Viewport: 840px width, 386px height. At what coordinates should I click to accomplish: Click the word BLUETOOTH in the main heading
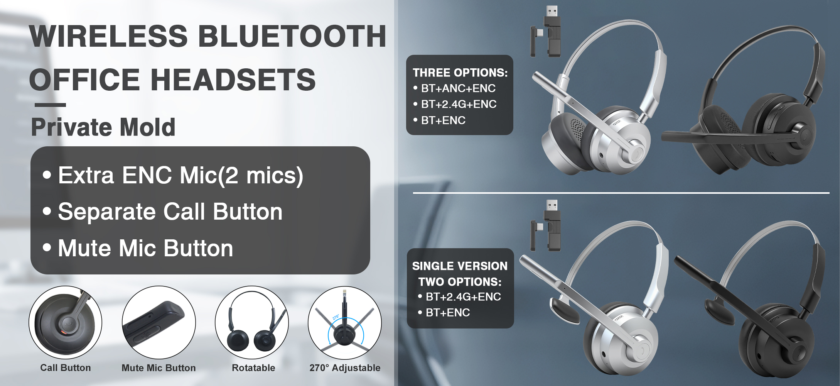[x=292, y=36]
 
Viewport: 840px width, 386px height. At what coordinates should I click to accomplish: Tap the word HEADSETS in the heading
[x=233, y=80]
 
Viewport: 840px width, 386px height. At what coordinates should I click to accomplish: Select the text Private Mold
[x=103, y=127]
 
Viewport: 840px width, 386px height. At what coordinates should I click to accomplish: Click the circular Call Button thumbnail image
[x=65, y=322]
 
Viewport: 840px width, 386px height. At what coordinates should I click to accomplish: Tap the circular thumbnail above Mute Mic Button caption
[x=159, y=322]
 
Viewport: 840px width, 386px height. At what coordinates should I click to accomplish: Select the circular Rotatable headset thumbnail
[x=252, y=322]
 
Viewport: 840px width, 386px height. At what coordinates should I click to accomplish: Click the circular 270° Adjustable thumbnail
[x=345, y=322]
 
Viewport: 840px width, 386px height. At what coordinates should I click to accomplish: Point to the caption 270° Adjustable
[x=345, y=368]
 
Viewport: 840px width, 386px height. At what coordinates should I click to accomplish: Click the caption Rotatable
[x=253, y=368]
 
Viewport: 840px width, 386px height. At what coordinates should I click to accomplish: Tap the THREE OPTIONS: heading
[x=460, y=73]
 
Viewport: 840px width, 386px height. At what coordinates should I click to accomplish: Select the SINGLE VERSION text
[x=460, y=266]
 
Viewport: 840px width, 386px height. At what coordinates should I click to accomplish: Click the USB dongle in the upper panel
[x=545, y=32]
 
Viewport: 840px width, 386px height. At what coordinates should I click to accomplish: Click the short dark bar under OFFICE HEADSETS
[x=50, y=105]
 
